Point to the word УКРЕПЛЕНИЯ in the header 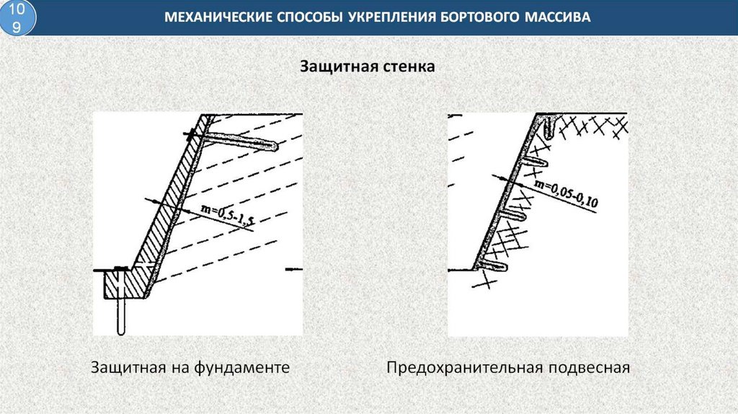[390, 17]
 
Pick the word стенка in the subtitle [409, 68]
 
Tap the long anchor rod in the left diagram [238, 141]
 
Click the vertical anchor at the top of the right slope [551, 129]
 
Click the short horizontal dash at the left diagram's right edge [293, 269]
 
